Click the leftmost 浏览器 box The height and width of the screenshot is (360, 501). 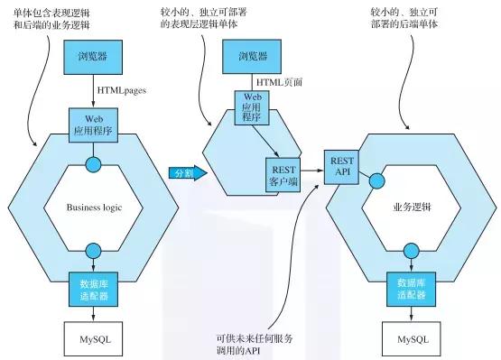pyautogui.click(x=94, y=59)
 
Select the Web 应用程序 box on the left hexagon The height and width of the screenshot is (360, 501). pyautogui.click(x=94, y=124)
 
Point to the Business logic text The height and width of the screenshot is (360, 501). pyautogui.click(x=94, y=207)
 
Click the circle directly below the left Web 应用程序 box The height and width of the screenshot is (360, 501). pyautogui.click(x=94, y=164)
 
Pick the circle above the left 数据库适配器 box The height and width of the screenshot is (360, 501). pyautogui.click(x=94, y=251)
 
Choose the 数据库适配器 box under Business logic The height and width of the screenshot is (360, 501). pyautogui.click(x=94, y=289)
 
